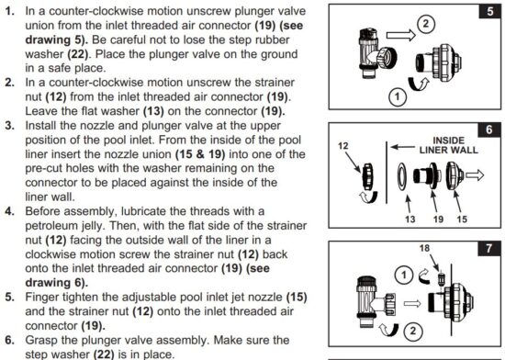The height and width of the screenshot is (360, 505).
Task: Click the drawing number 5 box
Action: [489, 13]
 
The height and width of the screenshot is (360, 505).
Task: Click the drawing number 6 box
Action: [489, 131]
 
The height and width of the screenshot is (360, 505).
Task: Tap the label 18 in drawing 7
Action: [424, 249]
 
